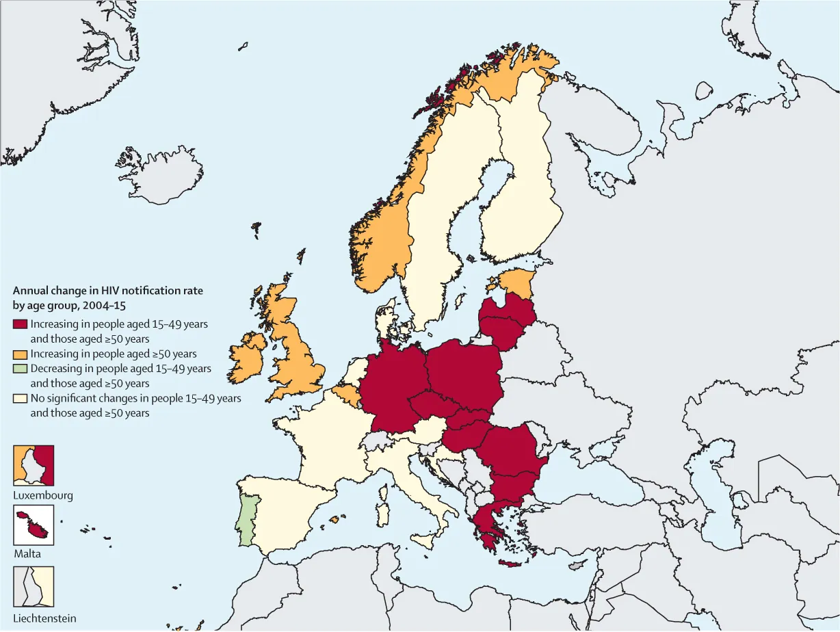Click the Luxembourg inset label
[43, 495]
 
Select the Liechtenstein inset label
[44, 618]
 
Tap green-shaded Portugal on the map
[244, 520]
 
